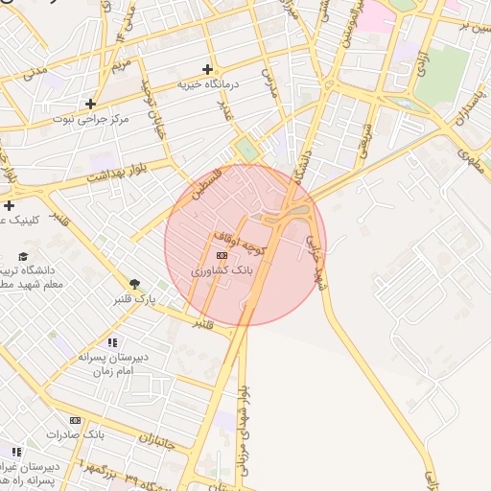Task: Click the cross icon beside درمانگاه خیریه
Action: (207, 69)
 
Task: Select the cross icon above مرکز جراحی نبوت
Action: (91, 104)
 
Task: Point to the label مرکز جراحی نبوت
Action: (93, 118)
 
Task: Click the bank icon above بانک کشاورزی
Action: (222, 256)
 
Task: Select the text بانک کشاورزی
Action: (222, 271)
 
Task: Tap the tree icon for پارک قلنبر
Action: (135, 284)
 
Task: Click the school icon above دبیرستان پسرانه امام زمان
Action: (112, 342)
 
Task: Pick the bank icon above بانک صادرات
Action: (76, 420)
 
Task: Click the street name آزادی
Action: (422, 62)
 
